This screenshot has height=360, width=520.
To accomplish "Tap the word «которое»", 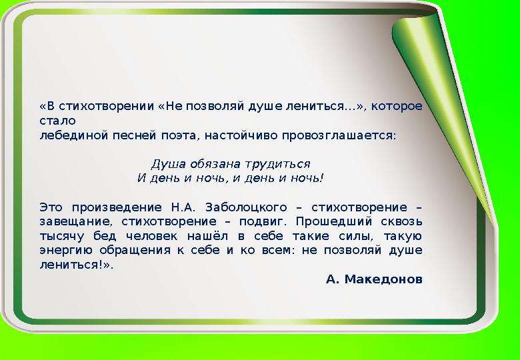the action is point(397,107).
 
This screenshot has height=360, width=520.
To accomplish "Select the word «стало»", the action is point(57,121).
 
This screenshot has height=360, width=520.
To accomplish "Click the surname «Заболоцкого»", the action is point(246,207).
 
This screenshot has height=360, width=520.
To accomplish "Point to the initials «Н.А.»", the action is point(183,207).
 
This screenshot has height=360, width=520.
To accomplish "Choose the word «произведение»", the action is point(117,207).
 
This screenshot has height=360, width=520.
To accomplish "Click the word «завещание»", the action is point(75,221).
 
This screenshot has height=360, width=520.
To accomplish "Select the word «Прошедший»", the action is point(333,221).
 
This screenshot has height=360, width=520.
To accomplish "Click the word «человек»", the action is point(151,236).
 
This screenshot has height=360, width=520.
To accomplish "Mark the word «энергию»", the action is point(66,250).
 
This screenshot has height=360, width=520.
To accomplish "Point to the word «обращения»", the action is point(135,250).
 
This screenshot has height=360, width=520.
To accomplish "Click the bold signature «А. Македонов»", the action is point(374,279).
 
